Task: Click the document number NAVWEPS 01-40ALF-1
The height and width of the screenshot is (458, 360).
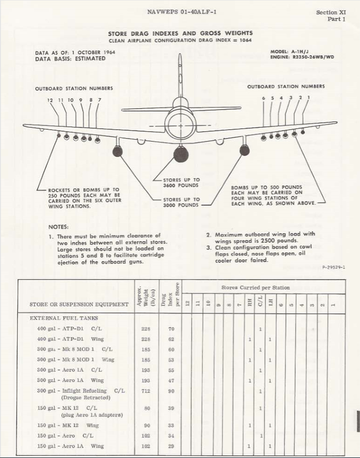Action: [x=181, y=11]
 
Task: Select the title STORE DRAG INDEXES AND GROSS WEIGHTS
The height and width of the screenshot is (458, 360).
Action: [x=180, y=34]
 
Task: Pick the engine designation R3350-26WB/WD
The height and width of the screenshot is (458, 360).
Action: [x=303, y=58]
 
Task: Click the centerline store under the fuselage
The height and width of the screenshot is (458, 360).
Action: [x=181, y=154]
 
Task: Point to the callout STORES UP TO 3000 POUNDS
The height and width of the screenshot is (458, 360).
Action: [x=181, y=202]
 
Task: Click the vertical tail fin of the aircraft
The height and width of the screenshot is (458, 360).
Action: [x=180, y=76]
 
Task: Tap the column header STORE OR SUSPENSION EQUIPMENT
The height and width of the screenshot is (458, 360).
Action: [x=79, y=304]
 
